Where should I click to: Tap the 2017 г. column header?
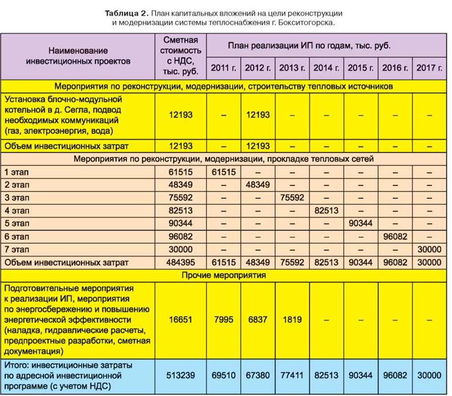coord(430,68)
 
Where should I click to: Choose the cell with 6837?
coord(257,320)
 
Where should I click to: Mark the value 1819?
coord(292,320)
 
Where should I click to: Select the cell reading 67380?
coord(257,375)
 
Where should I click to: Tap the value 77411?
coord(292,375)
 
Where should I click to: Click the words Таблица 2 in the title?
coord(122,12)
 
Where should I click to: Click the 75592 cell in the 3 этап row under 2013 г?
coord(292,198)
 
